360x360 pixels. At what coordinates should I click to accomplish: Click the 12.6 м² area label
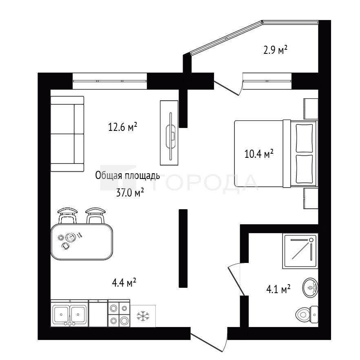click(123, 127)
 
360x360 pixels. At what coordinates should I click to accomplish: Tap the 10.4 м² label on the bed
click(259, 154)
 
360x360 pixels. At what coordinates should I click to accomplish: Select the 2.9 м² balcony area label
click(275, 50)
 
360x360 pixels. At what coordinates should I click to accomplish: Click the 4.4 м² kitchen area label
click(124, 283)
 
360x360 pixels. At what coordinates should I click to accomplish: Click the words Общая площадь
click(128, 176)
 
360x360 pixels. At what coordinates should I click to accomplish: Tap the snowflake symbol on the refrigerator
click(143, 316)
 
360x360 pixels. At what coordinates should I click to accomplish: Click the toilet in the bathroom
click(307, 314)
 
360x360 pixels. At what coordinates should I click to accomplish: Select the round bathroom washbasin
click(310, 287)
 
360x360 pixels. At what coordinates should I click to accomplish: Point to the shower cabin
click(300, 251)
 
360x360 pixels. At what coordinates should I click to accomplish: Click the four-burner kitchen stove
click(119, 313)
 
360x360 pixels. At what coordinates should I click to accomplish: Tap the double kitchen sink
click(69, 313)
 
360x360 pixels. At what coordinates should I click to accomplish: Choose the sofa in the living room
click(67, 134)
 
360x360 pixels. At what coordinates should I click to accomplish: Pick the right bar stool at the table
click(95, 215)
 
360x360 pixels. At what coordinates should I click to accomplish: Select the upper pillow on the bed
click(305, 138)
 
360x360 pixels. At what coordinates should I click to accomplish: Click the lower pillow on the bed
click(305, 169)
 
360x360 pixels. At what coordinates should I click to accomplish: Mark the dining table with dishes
click(82, 242)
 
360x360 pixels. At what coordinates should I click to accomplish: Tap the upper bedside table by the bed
click(311, 108)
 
